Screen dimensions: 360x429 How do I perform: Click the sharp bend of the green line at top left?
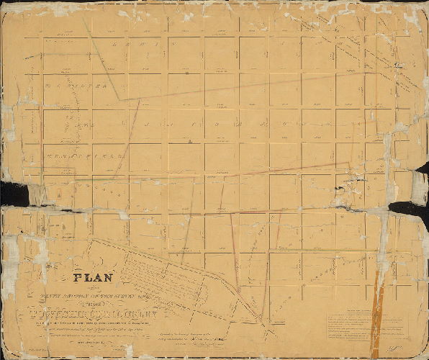click(119, 99)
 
